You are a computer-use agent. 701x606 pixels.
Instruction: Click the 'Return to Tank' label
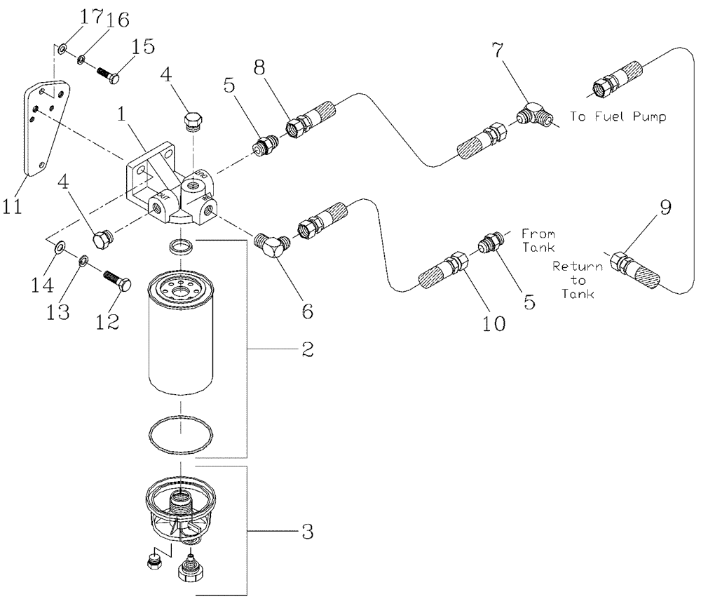tap(578, 280)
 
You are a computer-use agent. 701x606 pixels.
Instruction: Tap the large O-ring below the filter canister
tap(181, 438)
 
